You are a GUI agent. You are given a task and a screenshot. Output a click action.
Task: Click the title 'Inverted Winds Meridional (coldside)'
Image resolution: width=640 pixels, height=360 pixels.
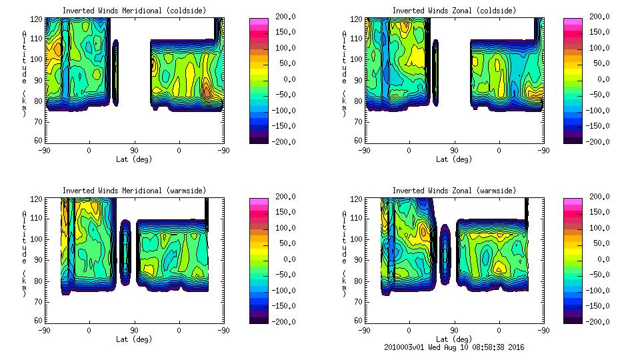coord(134,11)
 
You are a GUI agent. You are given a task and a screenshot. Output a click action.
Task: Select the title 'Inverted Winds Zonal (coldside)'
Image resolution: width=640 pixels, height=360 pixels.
coord(454,11)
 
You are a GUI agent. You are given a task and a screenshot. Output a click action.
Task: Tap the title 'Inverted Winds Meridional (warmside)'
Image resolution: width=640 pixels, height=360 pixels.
coord(134,191)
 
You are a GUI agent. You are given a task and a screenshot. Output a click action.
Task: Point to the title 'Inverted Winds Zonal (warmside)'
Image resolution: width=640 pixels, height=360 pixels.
coord(454,191)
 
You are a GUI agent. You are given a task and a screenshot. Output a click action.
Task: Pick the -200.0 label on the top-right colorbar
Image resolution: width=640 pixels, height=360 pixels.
coord(600,142)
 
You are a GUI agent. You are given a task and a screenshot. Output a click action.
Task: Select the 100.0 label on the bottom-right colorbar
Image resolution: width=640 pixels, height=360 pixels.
coord(600,228)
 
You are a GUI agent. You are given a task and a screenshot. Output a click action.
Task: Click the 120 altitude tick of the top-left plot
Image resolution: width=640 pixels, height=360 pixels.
coord(38,19)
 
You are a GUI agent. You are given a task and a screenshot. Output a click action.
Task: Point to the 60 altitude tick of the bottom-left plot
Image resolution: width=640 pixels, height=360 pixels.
coord(38,321)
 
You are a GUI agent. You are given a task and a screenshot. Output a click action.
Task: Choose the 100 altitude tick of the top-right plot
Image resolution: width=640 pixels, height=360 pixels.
coord(358,59)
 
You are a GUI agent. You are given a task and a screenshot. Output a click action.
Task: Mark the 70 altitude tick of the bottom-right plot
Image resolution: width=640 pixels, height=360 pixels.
coord(358,301)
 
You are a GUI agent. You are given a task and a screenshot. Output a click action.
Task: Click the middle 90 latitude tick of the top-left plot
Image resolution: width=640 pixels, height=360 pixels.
coord(134,150)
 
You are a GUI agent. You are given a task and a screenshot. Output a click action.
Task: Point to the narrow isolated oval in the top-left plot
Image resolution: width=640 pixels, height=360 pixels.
coord(115,72)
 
